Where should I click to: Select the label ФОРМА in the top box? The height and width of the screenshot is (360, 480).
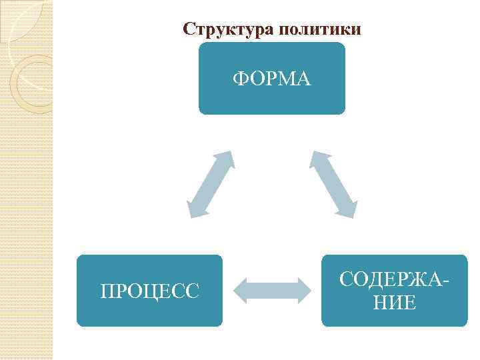(272, 79)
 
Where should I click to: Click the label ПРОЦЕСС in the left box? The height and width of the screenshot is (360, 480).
(149, 291)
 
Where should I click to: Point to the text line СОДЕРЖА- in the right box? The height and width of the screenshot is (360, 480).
(393, 280)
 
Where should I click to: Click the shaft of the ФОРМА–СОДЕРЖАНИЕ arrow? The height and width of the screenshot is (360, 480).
(333, 184)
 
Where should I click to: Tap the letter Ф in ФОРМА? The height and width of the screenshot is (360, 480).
(239, 79)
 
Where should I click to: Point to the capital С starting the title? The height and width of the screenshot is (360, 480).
(189, 30)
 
